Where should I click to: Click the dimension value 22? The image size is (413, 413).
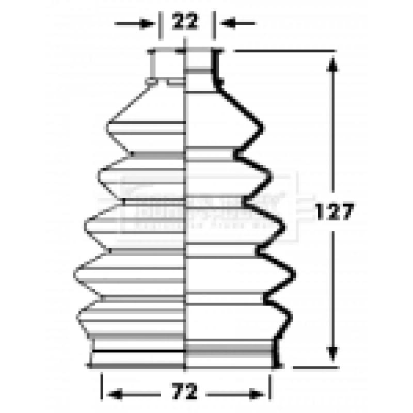pos(185,23)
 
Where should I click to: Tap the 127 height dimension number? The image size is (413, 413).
pos(335,212)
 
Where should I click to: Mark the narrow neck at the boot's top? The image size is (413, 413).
pos(185,65)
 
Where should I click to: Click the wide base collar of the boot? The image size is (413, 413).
pos(185,356)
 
